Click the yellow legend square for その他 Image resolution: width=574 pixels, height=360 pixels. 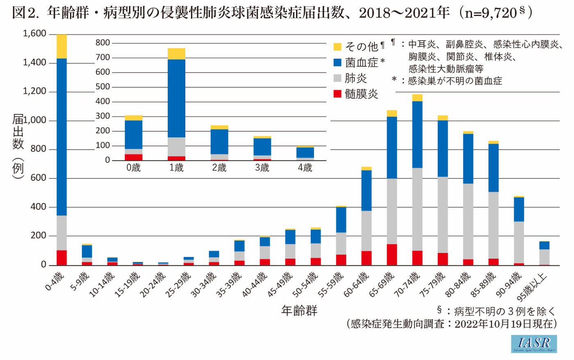click(337, 47)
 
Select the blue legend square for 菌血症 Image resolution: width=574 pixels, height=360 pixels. click(337, 62)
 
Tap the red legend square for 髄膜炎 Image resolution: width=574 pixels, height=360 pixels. click(337, 94)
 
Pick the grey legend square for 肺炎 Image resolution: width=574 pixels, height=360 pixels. click(337, 78)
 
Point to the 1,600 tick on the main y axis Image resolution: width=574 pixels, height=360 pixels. click(34, 34)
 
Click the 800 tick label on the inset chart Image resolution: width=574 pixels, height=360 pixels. click(102, 43)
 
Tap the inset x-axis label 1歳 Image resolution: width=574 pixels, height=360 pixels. click(176, 168)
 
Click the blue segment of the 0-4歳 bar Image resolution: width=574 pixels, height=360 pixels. click(61, 135)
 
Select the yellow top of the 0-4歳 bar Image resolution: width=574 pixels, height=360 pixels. click(61, 46)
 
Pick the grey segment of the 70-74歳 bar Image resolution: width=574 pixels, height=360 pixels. click(417, 209)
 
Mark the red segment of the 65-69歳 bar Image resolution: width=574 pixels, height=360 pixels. click(392, 255)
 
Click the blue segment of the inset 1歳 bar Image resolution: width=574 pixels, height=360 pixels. click(176, 98)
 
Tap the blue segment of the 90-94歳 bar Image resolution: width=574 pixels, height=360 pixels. click(519, 210)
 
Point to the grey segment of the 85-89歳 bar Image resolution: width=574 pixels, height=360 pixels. click(494, 226)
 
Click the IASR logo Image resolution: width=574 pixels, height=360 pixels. click(534, 344)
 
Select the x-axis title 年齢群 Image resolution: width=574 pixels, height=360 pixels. click(299, 311)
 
